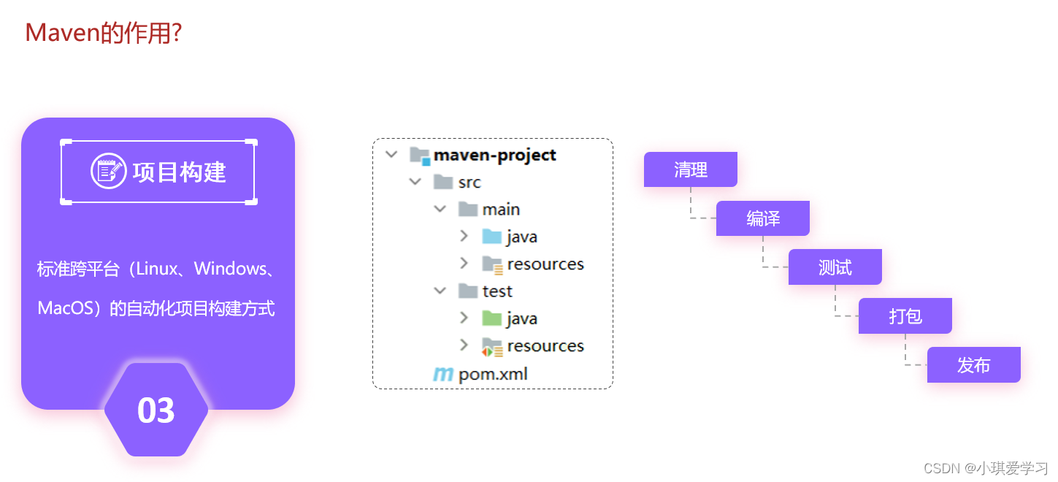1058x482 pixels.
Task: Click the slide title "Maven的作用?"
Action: pyautogui.click(x=103, y=33)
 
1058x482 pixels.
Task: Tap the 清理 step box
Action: pyautogui.click(x=690, y=169)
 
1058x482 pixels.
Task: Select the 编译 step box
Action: pyautogui.click(x=762, y=218)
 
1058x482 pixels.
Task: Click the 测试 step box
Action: pyautogui.click(x=835, y=267)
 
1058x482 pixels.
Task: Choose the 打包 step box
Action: pyautogui.click(x=905, y=316)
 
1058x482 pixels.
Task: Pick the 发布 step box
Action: pyautogui.click(x=973, y=365)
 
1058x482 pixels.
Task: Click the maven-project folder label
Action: pyautogui.click(x=494, y=155)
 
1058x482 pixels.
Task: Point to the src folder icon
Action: pyautogui.click(x=443, y=182)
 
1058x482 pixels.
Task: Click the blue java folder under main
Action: pyautogui.click(x=491, y=237)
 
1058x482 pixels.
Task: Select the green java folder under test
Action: pyautogui.click(x=491, y=318)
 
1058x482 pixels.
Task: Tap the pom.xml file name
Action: pyautogui.click(x=493, y=375)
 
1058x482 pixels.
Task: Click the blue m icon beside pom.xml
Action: pyautogui.click(x=442, y=375)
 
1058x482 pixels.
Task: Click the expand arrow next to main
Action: pyautogui.click(x=440, y=210)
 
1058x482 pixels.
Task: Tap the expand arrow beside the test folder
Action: pyautogui.click(x=440, y=291)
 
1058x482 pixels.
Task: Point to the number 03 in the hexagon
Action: pyautogui.click(x=156, y=410)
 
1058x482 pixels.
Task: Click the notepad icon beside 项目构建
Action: pyautogui.click(x=108, y=172)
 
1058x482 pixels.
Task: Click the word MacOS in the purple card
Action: pyautogui.click(x=65, y=308)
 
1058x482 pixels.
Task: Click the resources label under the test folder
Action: pyautogui.click(x=545, y=346)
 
